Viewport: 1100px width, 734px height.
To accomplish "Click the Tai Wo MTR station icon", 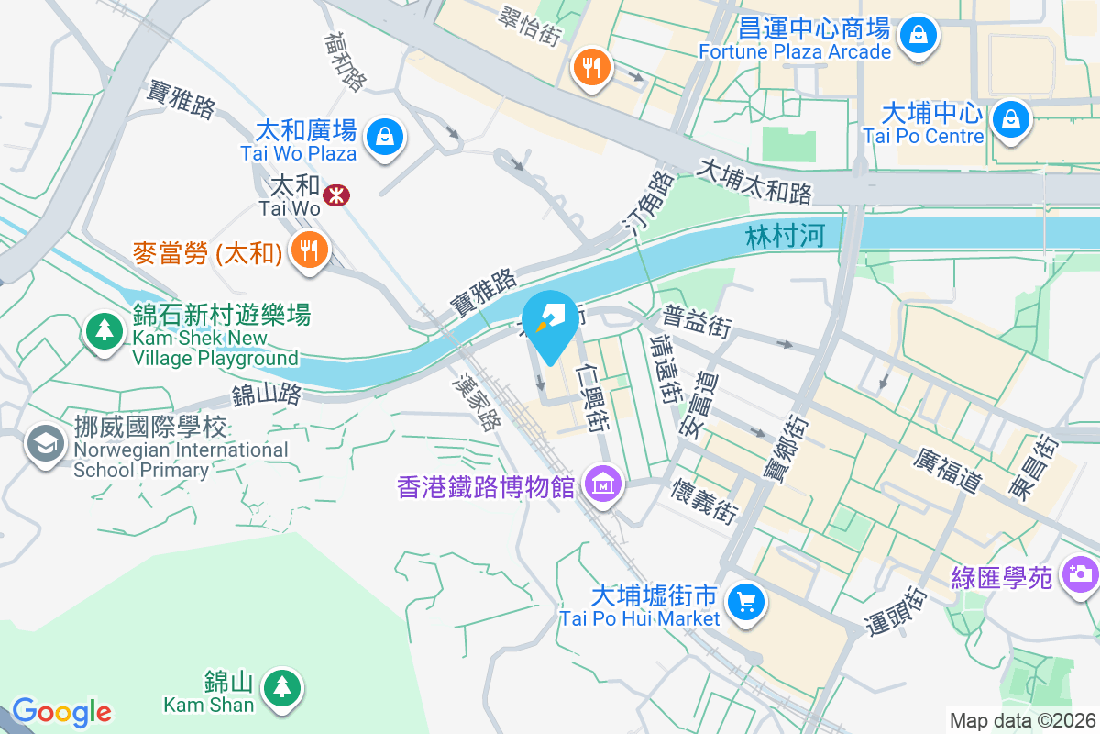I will [x=335, y=194].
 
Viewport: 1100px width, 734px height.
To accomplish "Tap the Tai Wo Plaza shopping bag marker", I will [x=385, y=137].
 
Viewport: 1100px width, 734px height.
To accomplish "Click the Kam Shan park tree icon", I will [x=280, y=686].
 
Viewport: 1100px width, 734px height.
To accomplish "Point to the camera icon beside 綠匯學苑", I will [x=1079, y=574].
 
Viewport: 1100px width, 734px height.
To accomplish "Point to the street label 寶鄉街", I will [x=777, y=449].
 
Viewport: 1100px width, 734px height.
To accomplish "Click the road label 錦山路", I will [x=266, y=395].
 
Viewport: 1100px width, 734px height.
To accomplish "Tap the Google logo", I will [x=61, y=712].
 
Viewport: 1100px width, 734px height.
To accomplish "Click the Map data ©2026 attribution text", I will [x=1021, y=720].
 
